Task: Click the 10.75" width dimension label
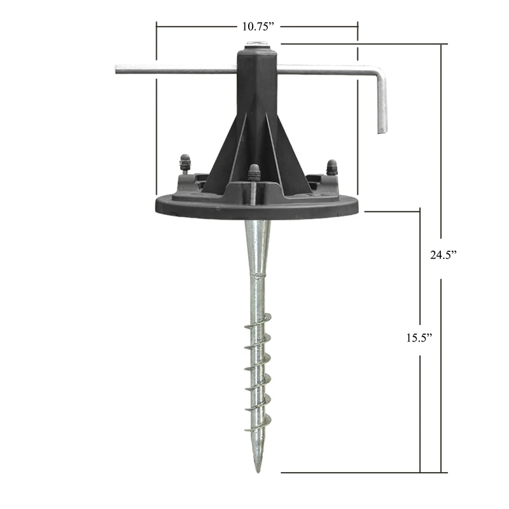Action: point(258,27)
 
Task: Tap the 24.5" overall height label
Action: point(443,255)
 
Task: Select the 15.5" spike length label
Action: point(419,338)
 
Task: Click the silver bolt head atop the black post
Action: point(257,43)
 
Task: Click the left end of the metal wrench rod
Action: point(116,69)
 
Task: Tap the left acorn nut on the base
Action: point(185,162)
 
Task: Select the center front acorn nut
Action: point(254,172)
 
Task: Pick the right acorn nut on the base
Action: point(331,167)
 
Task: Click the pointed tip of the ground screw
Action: point(258,471)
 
